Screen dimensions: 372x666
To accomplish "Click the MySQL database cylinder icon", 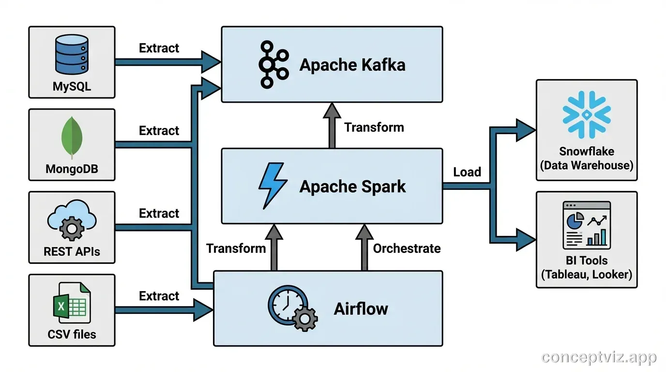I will (x=72, y=57).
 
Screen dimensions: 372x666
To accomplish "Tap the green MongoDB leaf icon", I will (x=72, y=138).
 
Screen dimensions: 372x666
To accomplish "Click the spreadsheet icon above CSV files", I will (x=72, y=304).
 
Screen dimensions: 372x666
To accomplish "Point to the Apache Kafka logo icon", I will (x=273, y=64).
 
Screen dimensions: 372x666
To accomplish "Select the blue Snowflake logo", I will (x=586, y=115).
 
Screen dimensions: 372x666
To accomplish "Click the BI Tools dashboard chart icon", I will (x=586, y=225).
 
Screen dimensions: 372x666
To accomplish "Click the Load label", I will (x=467, y=172).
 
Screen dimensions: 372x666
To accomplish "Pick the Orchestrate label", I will (x=407, y=248).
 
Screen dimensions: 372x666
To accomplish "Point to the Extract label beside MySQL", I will (x=159, y=48).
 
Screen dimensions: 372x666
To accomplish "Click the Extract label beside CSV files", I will (x=159, y=296).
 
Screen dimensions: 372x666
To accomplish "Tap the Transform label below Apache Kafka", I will (x=374, y=127).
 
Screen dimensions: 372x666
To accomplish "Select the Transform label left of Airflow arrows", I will (x=236, y=248).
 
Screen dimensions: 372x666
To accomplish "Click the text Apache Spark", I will (x=352, y=186).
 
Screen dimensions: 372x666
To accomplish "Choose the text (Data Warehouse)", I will (x=586, y=165).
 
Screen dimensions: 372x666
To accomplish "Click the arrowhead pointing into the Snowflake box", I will (x=525, y=129).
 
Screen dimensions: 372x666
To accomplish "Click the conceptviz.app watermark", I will (x=599, y=357).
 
